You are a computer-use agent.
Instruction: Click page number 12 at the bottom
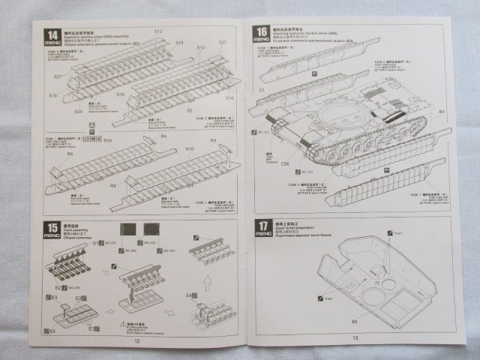138,340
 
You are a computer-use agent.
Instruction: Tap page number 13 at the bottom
355,338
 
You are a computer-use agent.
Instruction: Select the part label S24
78,111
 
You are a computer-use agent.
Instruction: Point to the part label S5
189,110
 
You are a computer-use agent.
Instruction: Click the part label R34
107,140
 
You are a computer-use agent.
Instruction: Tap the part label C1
261,89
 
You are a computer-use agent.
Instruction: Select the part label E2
58,286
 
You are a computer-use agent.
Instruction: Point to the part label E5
51,329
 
